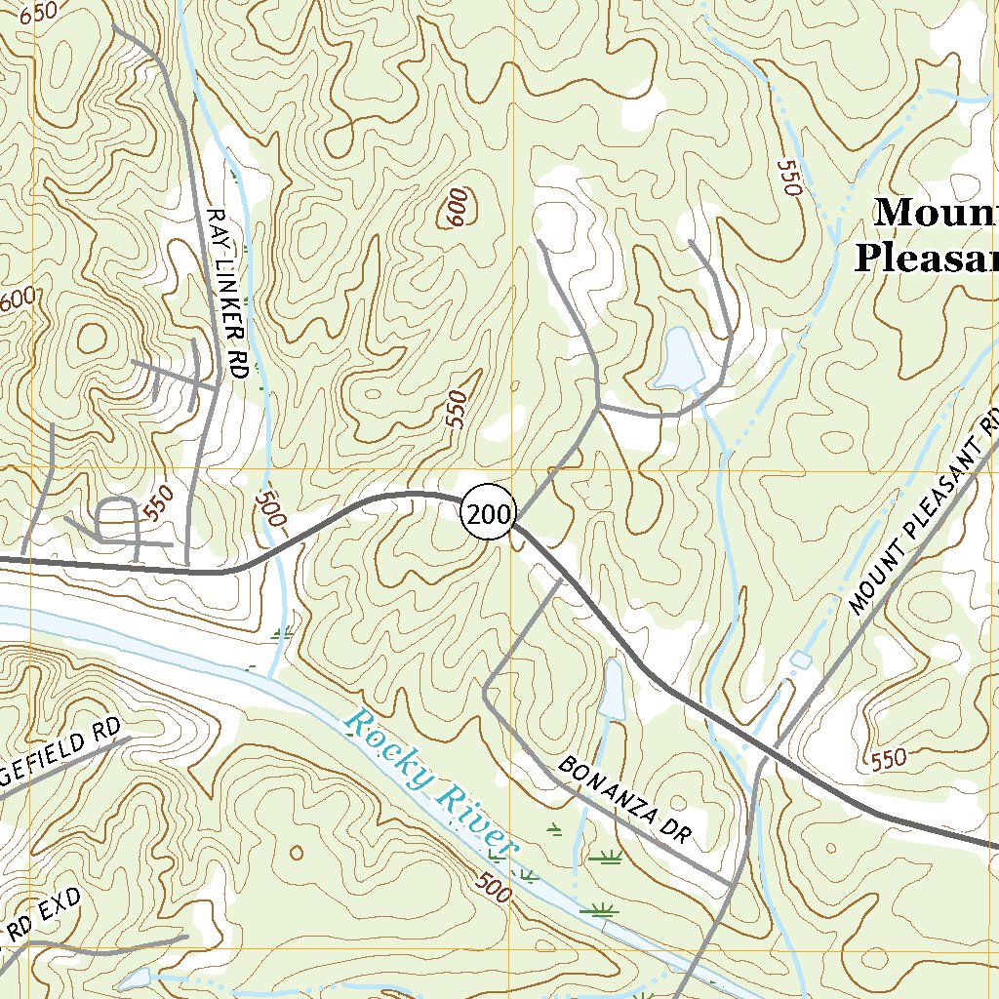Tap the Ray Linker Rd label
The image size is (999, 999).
coord(226,293)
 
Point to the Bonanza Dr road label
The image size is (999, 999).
coord(624,799)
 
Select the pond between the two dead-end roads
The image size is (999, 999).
coord(679,358)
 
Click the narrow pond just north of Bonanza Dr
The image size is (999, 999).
coord(613,691)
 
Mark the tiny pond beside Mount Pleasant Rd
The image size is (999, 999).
coord(800,661)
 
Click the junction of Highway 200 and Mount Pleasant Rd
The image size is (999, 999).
coord(775,748)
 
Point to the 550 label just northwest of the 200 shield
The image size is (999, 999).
coord(457,409)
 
